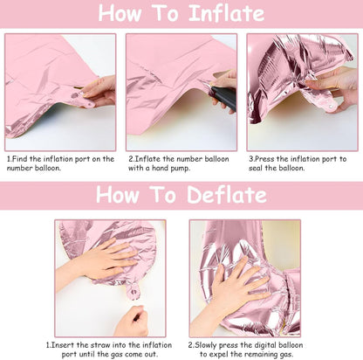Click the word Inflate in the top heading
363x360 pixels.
(x=227, y=13)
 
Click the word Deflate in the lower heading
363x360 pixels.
(x=227, y=195)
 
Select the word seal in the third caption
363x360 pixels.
(x=256, y=168)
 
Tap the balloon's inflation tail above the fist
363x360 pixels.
(x=134, y=291)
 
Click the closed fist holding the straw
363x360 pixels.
(x=133, y=321)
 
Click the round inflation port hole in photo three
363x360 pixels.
(x=330, y=107)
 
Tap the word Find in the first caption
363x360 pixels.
(x=20, y=159)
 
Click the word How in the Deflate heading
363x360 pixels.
(x=118, y=195)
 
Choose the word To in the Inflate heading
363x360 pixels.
(x=165, y=13)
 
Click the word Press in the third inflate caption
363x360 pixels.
(x=264, y=159)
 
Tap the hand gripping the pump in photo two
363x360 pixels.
(x=224, y=87)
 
